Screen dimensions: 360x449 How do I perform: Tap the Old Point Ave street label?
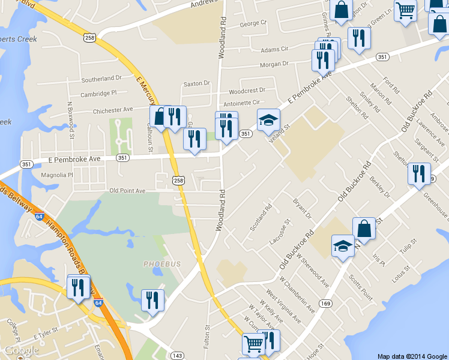pyautogui.click(x=127, y=191)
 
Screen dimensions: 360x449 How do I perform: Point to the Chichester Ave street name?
pyautogui.click(x=113, y=110)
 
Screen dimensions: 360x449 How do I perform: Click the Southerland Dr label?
pyautogui.click(x=101, y=79)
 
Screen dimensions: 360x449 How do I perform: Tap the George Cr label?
pyautogui.click(x=253, y=24)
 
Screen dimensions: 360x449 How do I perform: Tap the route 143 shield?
pyautogui.click(x=176, y=356)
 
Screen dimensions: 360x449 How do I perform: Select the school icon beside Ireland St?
pyautogui.click(x=268, y=119)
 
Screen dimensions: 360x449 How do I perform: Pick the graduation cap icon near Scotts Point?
pyautogui.click(x=343, y=245)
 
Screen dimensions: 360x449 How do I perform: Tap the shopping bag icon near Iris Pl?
pyautogui.click(x=364, y=228)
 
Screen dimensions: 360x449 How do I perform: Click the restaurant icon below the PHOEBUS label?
pyautogui.click(x=152, y=299)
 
